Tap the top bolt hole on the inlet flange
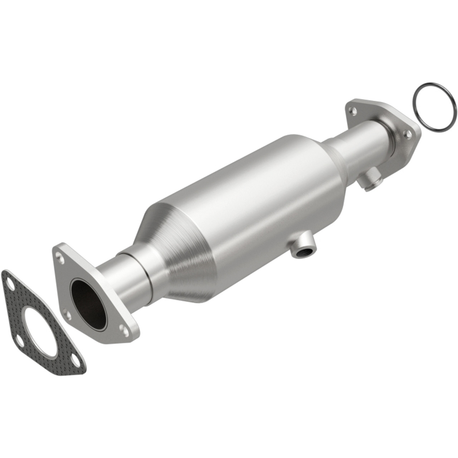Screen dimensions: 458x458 click(59, 254)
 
